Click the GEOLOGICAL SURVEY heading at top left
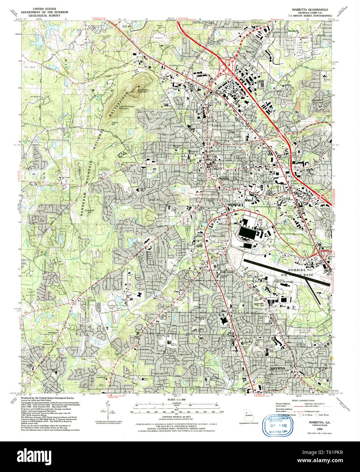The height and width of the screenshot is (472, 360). click(44, 15)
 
